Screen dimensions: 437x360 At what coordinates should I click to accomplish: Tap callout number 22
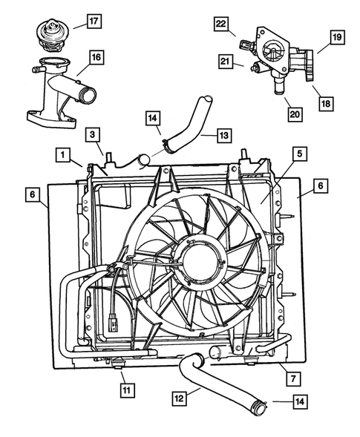point(220,24)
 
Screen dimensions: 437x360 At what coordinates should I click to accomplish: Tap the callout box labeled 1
point(65,155)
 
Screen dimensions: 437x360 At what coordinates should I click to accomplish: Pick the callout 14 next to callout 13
point(152,117)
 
